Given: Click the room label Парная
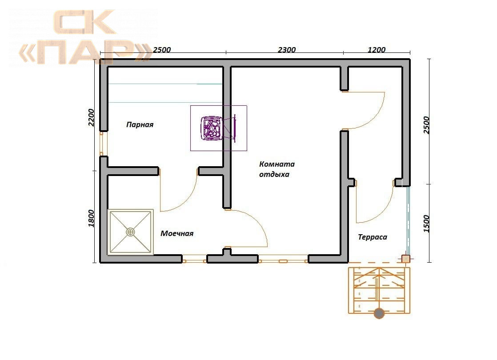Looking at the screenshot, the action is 140,124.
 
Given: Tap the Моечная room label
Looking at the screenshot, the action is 177,234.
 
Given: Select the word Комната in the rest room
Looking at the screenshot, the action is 277,164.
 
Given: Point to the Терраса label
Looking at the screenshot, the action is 373,237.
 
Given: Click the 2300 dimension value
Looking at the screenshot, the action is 287,50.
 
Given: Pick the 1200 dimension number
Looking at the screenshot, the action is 377,50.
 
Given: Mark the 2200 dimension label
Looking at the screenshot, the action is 91,118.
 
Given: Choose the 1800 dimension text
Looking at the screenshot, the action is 91,218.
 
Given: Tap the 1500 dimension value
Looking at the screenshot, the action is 426,224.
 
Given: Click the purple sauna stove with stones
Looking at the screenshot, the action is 212,128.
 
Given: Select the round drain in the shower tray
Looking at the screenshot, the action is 130,232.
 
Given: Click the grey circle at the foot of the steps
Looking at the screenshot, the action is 379,313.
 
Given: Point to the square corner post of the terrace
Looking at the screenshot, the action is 406,259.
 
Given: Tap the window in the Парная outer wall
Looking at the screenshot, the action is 101,144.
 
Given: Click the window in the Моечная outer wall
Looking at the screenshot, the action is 194,261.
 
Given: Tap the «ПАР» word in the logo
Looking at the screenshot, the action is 86,52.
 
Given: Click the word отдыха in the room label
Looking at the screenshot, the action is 274,174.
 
